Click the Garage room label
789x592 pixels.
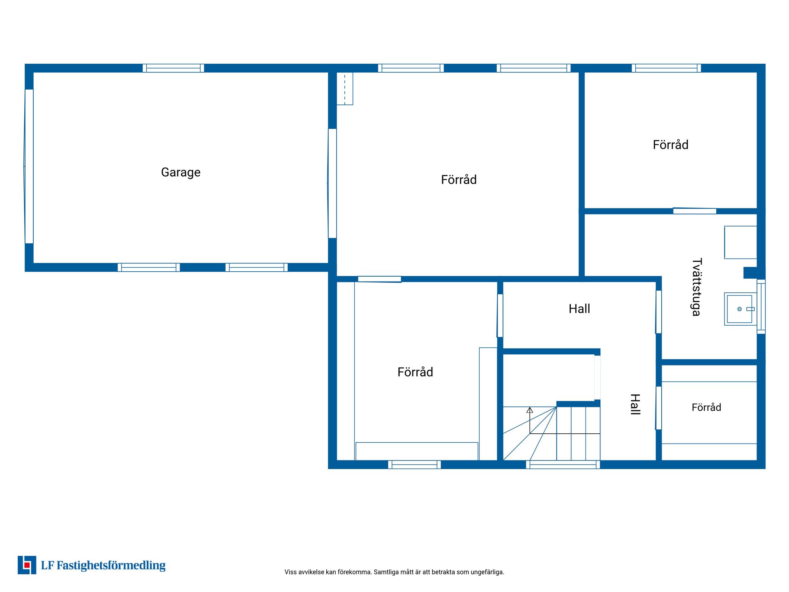pos(181,172)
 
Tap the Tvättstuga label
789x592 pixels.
pos(697,287)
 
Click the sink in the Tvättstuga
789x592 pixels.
pos(740,309)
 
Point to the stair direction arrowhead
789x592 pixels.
pos(530,410)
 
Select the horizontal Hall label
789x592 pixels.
pos(579,309)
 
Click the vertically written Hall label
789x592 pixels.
pos(635,405)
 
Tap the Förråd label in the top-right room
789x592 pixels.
pos(671,145)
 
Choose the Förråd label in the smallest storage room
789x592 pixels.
pos(706,407)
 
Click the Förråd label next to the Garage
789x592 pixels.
pos(459,180)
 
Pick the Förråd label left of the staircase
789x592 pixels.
pos(415,372)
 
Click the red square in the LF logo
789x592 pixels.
pos(27,565)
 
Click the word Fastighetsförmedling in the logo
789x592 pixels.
pos(111,566)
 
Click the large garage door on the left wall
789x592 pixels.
pos(29,166)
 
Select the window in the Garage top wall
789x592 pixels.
pos(173,68)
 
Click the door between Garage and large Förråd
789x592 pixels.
pos(332,183)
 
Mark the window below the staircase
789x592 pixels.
pos(563,465)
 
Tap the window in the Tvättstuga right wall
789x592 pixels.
pos(761,306)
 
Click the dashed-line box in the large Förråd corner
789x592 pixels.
pos(345,89)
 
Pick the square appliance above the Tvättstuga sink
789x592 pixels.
pos(741,243)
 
